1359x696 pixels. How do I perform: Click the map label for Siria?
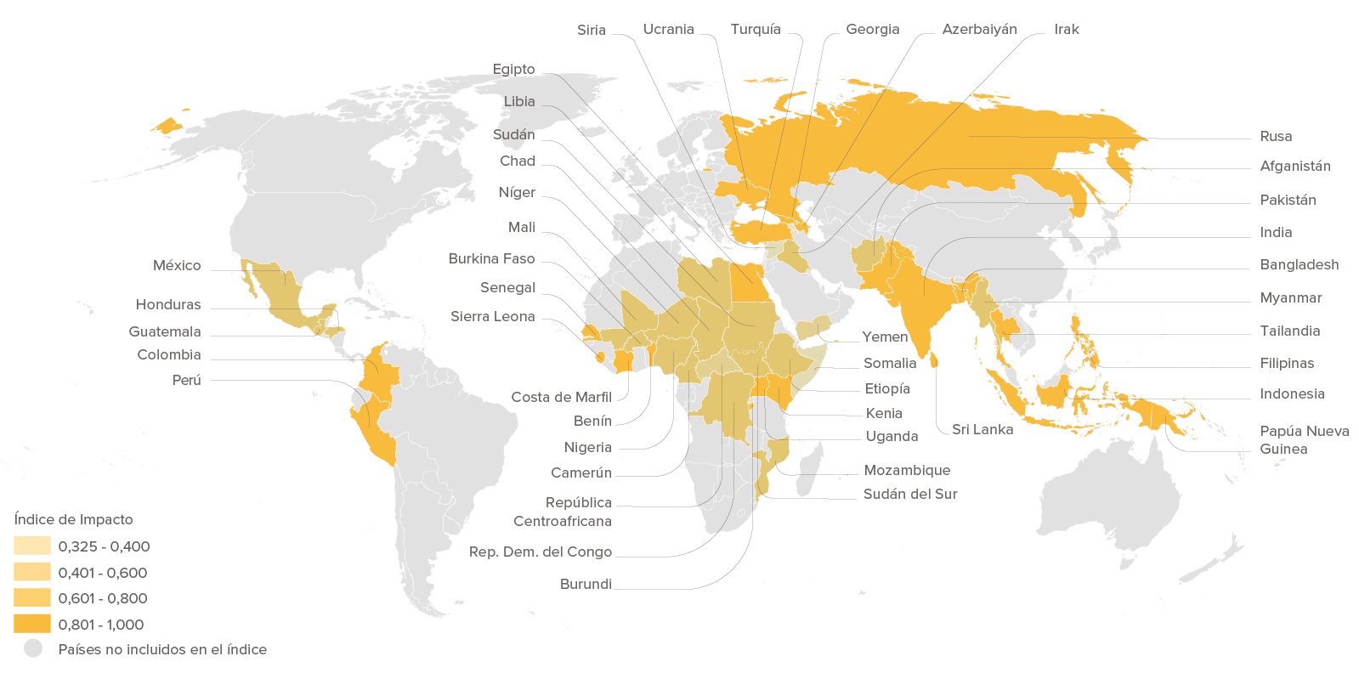pyautogui.click(x=591, y=31)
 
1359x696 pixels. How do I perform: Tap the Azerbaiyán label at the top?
pyautogui.click(x=979, y=30)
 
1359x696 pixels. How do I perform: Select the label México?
pyautogui.click(x=177, y=266)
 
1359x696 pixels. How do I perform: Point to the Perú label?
pyautogui.click(x=186, y=380)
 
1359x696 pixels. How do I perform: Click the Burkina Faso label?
pyautogui.click(x=491, y=259)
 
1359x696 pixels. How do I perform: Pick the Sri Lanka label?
pyautogui.click(x=982, y=430)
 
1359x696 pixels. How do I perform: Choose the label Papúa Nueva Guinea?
pyautogui.click(x=1303, y=440)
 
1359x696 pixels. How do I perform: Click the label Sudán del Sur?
pyautogui.click(x=909, y=495)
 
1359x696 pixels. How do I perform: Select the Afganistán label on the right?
pyautogui.click(x=1294, y=167)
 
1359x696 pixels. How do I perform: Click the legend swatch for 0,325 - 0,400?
pyautogui.click(x=32, y=546)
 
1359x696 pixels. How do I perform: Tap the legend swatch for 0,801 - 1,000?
pyautogui.click(x=32, y=625)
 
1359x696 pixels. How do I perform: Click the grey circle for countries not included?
pyautogui.click(x=33, y=649)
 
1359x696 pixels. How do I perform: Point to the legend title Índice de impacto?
pyautogui.click(x=74, y=519)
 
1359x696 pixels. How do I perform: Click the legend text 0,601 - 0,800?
pyautogui.click(x=102, y=598)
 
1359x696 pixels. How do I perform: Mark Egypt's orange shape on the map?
pyautogui.click(x=748, y=282)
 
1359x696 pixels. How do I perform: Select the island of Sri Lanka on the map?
pyautogui.click(x=935, y=361)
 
